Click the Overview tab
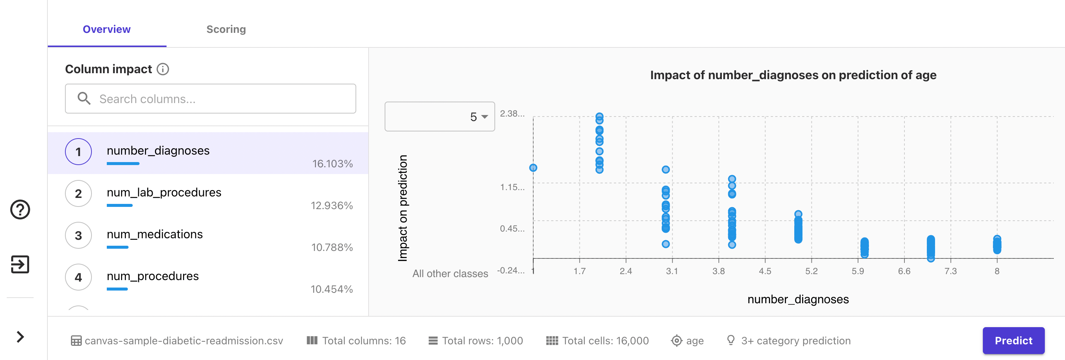(107, 30)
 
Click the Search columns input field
(211, 99)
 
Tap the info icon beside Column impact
(163, 69)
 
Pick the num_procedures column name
(153, 276)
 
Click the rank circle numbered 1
(78, 152)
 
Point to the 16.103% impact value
(332, 164)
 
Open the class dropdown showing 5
(440, 117)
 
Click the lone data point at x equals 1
(533, 168)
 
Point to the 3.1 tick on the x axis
(672, 271)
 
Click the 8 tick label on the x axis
(997, 271)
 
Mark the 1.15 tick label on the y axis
(512, 187)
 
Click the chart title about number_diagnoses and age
(793, 75)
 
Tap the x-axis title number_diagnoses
(798, 299)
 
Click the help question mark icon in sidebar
(20, 210)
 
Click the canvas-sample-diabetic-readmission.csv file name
(184, 341)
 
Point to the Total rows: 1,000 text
(482, 341)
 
